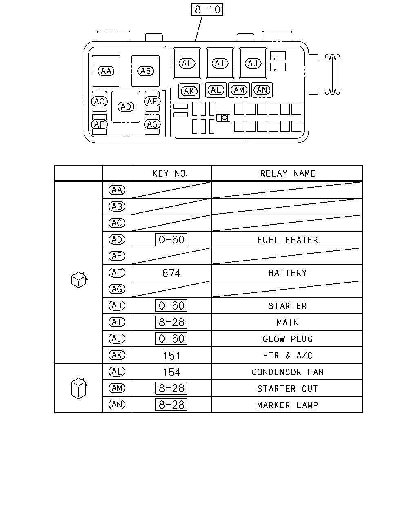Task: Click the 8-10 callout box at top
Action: (207, 9)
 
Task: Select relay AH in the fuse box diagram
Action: (187, 63)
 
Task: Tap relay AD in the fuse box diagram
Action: (126, 107)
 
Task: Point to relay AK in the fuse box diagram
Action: (189, 91)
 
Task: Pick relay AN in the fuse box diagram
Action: (262, 90)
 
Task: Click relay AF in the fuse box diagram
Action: (99, 124)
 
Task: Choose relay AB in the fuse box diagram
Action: (145, 71)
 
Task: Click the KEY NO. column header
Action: (170, 173)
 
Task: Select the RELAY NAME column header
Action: (287, 173)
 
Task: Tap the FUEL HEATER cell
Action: (287, 240)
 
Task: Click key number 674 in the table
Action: (171, 273)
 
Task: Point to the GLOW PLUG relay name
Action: (288, 339)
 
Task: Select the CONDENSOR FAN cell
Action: (287, 372)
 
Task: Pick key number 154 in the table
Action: (172, 372)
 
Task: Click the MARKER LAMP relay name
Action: (287, 405)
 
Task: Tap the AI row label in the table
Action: (117, 322)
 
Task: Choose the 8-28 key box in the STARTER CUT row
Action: (171, 388)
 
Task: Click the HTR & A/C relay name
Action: (287, 356)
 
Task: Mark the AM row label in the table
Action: (117, 388)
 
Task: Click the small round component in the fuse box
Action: (224, 117)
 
